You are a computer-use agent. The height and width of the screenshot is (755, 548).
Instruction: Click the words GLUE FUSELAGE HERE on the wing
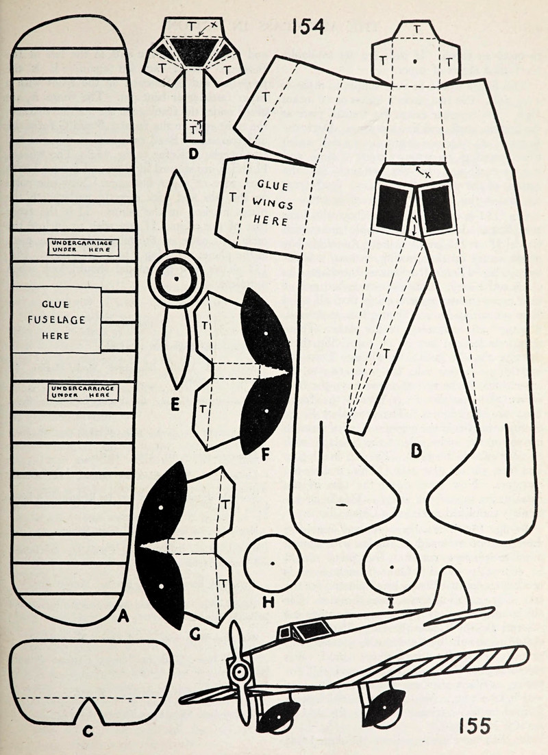tap(55, 319)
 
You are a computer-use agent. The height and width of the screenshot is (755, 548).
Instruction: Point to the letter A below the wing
tap(123, 616)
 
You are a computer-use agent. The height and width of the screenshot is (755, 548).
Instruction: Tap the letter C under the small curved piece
tap(88, 732)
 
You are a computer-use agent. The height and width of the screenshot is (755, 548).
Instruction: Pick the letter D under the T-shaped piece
tap(193, 152)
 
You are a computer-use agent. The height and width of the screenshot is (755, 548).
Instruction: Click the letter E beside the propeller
tap(175, 406)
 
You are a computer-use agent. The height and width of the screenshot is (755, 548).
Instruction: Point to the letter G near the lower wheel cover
tap(195, 634)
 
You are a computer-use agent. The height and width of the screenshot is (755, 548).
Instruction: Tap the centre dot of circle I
tap(390, 568)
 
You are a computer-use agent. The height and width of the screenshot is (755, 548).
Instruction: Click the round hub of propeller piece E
tap(176, 280)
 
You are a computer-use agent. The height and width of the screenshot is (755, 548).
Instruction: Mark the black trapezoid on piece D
tap(192, 53)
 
